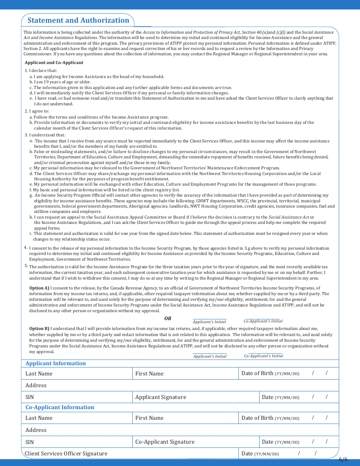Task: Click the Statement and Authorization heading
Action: coord(78,20)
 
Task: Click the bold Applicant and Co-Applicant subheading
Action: coord(54,63)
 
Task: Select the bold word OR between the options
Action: coord(167,319)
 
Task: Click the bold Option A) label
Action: coord(39,288)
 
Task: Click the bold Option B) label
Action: coord(39,328)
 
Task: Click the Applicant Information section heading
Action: coord(56,363)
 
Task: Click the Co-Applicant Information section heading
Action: coord(60,407)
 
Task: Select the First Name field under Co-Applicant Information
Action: coord(186,418)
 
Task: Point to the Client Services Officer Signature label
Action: coord(66,453)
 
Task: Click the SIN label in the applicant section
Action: coord(30,397)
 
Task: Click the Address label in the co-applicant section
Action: coord(36,430)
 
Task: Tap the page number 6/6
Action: coord(343,459)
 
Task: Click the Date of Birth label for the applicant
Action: coord(257,373)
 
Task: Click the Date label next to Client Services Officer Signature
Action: coord(247,453)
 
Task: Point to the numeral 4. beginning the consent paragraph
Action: coord(26,248)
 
